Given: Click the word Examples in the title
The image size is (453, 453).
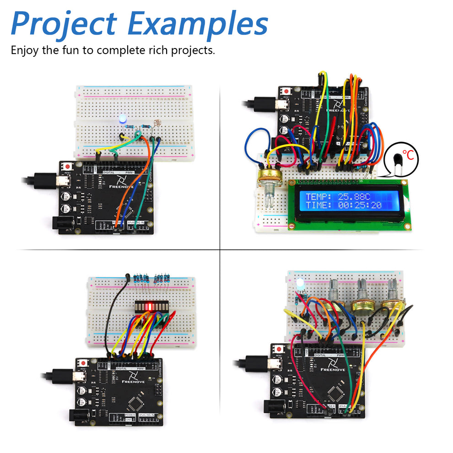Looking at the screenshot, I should (x=198, y=24).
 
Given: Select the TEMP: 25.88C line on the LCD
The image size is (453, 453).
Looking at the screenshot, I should (x=338, y=197).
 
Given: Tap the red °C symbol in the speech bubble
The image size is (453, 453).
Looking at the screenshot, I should (x=408, y=156).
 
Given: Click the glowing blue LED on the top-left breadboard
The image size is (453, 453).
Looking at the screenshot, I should (x=122, y=120).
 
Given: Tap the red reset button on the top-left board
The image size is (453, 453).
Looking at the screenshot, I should (x=68, y=166).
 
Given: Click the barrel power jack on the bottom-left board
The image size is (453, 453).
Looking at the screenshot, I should (x=78, y=415).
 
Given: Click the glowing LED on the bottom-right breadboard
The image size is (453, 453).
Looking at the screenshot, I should (x=300, y=284).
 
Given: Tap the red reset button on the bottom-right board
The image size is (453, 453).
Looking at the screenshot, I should (x=279, y=349).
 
